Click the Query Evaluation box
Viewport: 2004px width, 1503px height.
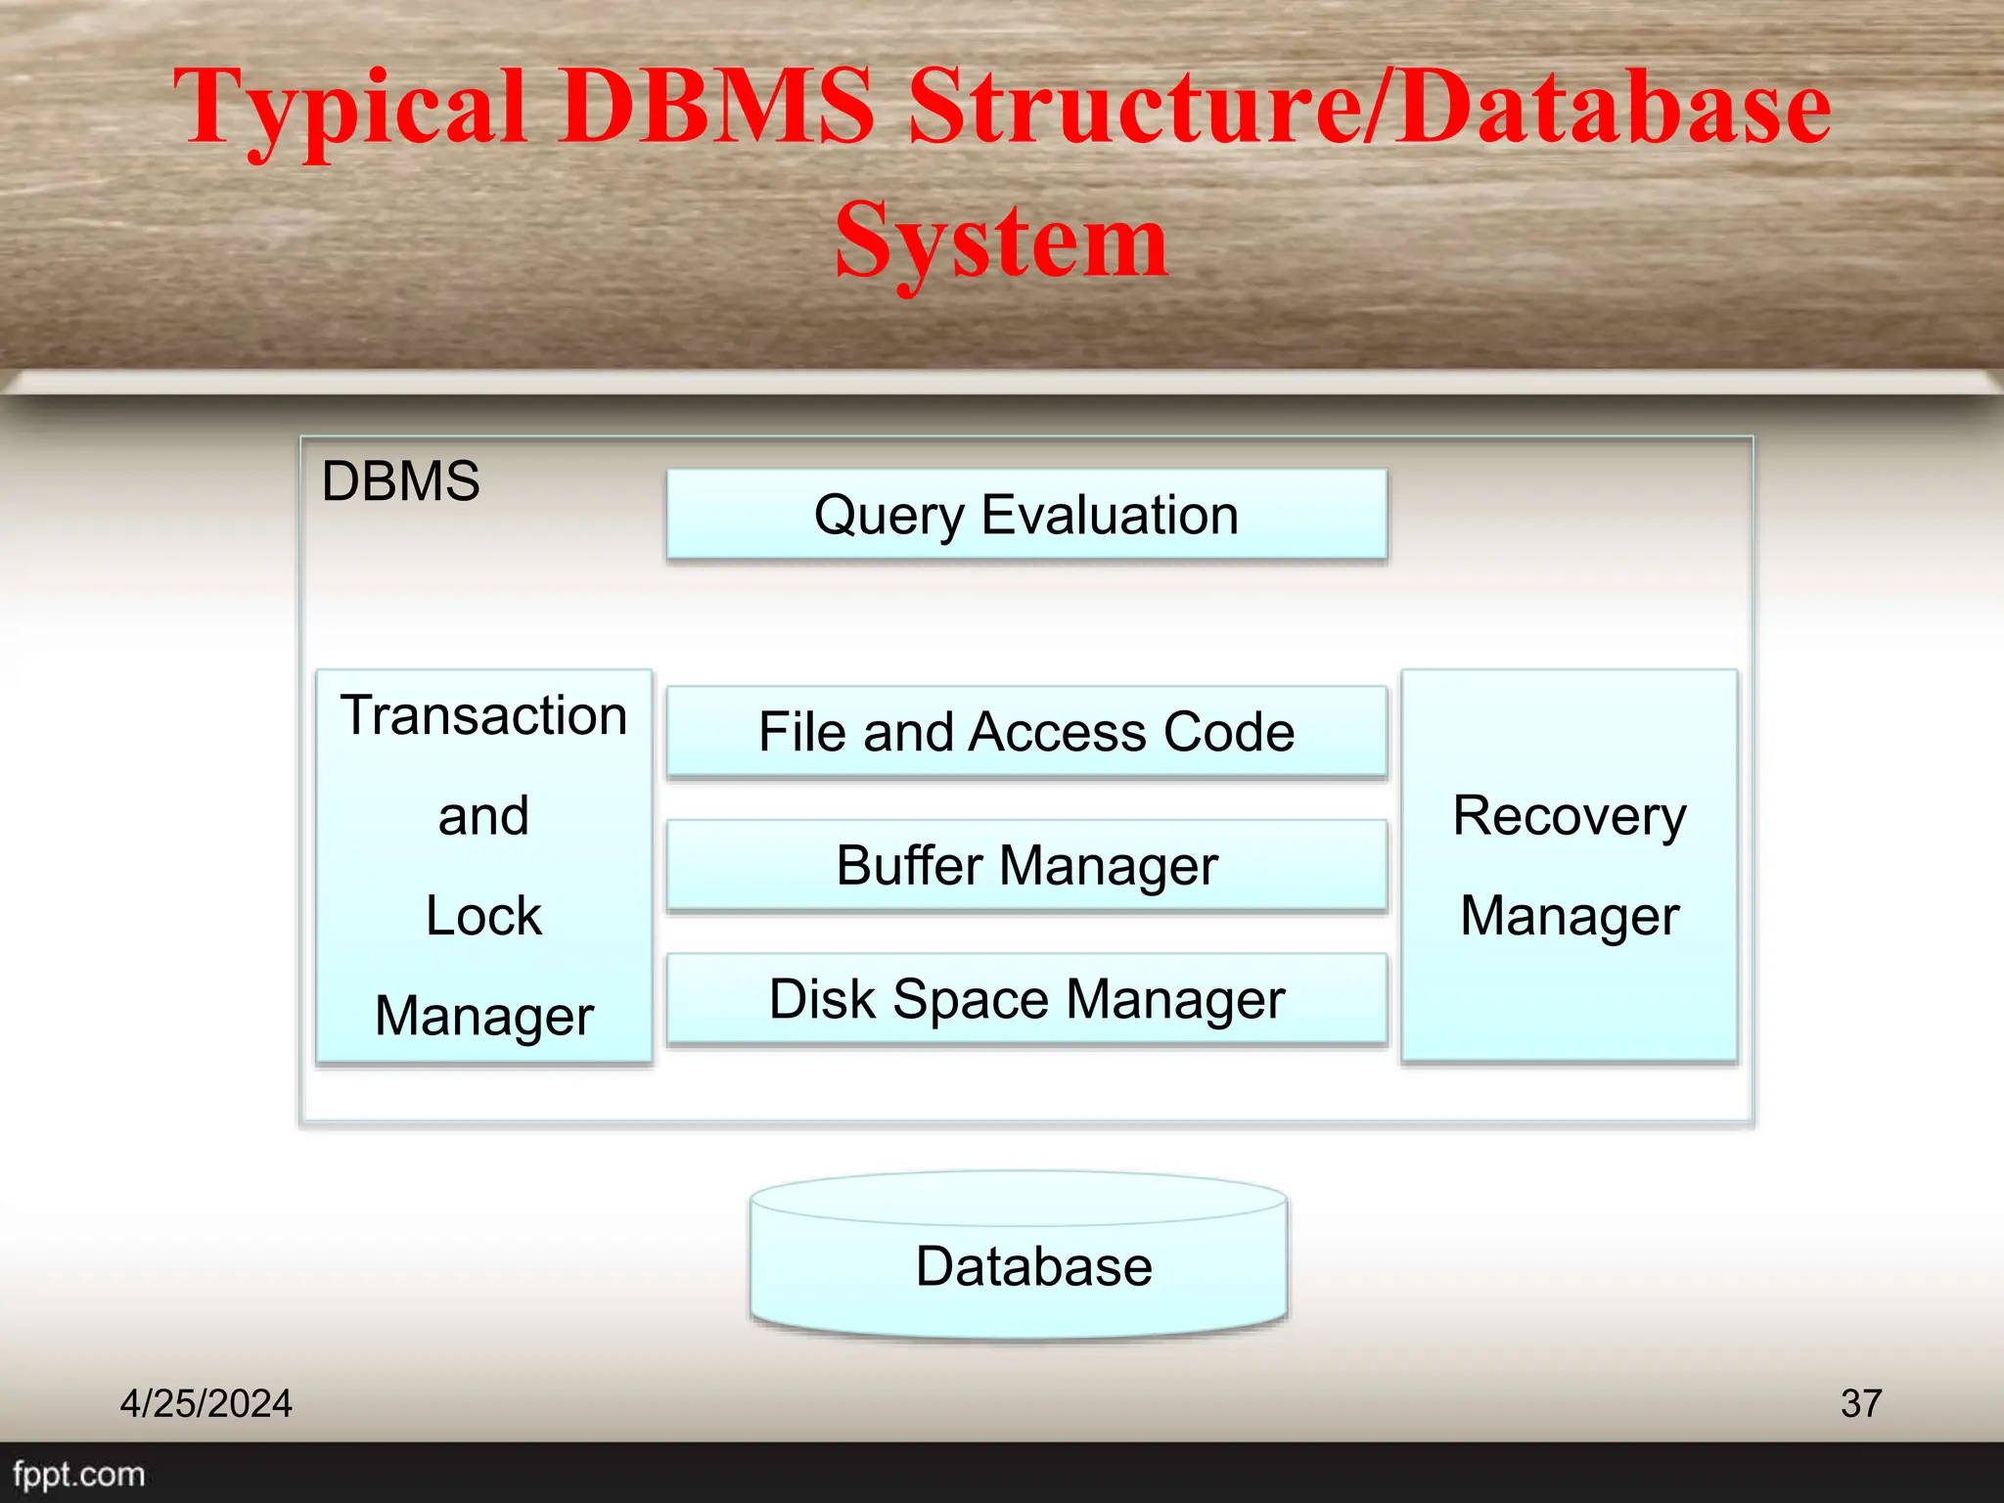(1026, 515)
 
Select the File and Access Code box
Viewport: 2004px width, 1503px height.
(1026, 732)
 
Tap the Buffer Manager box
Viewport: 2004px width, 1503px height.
(1026, 865)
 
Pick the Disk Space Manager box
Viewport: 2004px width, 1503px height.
(1026, 999)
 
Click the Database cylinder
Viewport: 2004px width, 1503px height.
(1019, 1265)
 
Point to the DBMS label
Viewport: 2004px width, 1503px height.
(400, 481)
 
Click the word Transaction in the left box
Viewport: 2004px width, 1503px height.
(483, 715)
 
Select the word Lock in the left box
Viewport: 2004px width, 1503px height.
(483, 916)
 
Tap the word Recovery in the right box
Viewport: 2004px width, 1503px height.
(1570, 816)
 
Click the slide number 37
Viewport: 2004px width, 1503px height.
(1860, 1403)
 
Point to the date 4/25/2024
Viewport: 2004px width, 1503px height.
(205, 1403)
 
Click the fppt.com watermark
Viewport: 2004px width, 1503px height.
(78, 1474)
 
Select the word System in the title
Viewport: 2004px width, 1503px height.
(1001, 240)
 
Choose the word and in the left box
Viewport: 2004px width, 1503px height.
(483, 816)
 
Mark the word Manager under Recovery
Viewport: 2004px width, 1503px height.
(1570, 917)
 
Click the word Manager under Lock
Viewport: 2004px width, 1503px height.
(483, 1017)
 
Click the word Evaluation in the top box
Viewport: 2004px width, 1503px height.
(1110, 515)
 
